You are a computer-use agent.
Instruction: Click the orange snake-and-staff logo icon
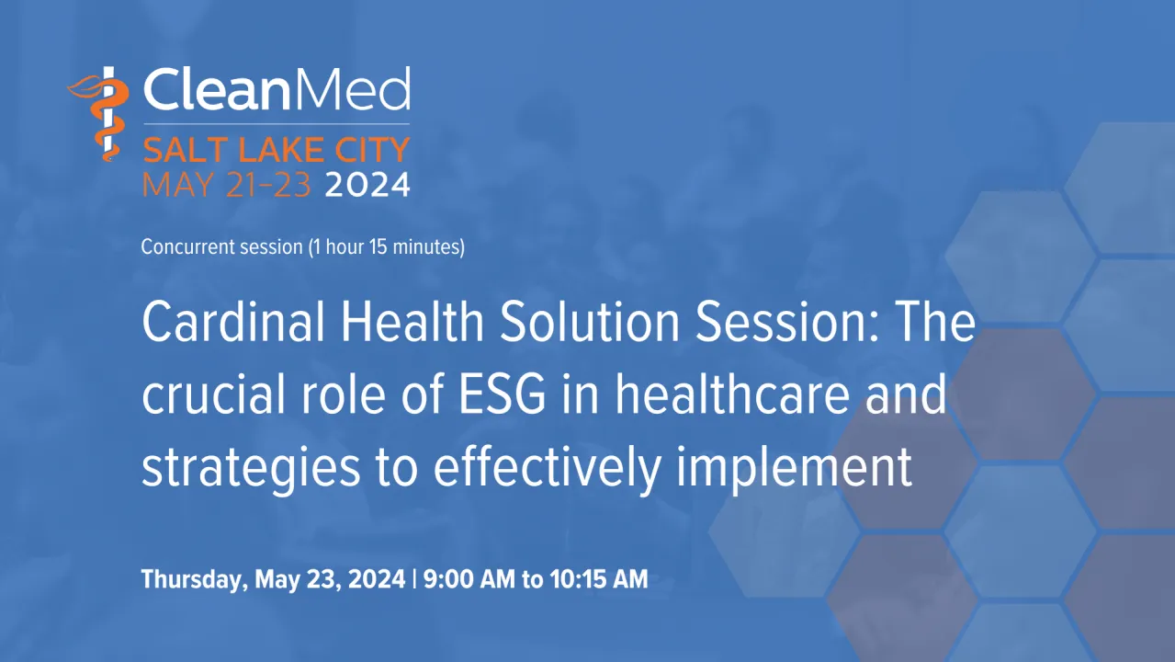click(x=99, y=114)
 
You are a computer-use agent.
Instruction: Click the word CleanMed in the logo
click(x=277, y=88)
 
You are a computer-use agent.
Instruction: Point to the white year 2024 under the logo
click(x=367, y=185)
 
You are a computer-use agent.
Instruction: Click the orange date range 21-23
click(x=269, y=185)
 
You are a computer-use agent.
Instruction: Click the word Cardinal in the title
click(x=233, y=322)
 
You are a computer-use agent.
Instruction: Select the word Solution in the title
click(x=590, y=322)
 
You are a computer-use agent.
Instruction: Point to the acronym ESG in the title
click(x=503, y=394)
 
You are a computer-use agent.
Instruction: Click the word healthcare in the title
click(x=732, y=394)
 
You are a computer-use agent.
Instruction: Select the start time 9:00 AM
click(x=469, y=579)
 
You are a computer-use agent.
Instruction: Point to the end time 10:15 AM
click(x=599, y=579)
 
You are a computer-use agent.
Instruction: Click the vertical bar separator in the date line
click(x=414, y=579)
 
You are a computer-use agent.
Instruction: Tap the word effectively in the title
click(x=548, y=468)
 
